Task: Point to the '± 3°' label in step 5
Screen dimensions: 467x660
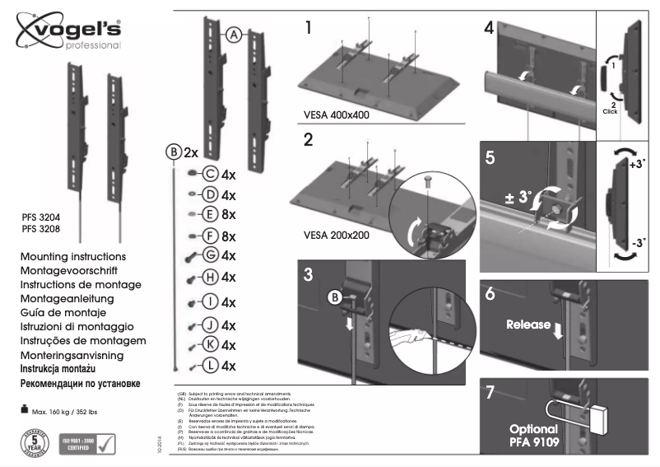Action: pos(518,198)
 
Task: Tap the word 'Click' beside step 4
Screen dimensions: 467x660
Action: pos(610,110)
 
